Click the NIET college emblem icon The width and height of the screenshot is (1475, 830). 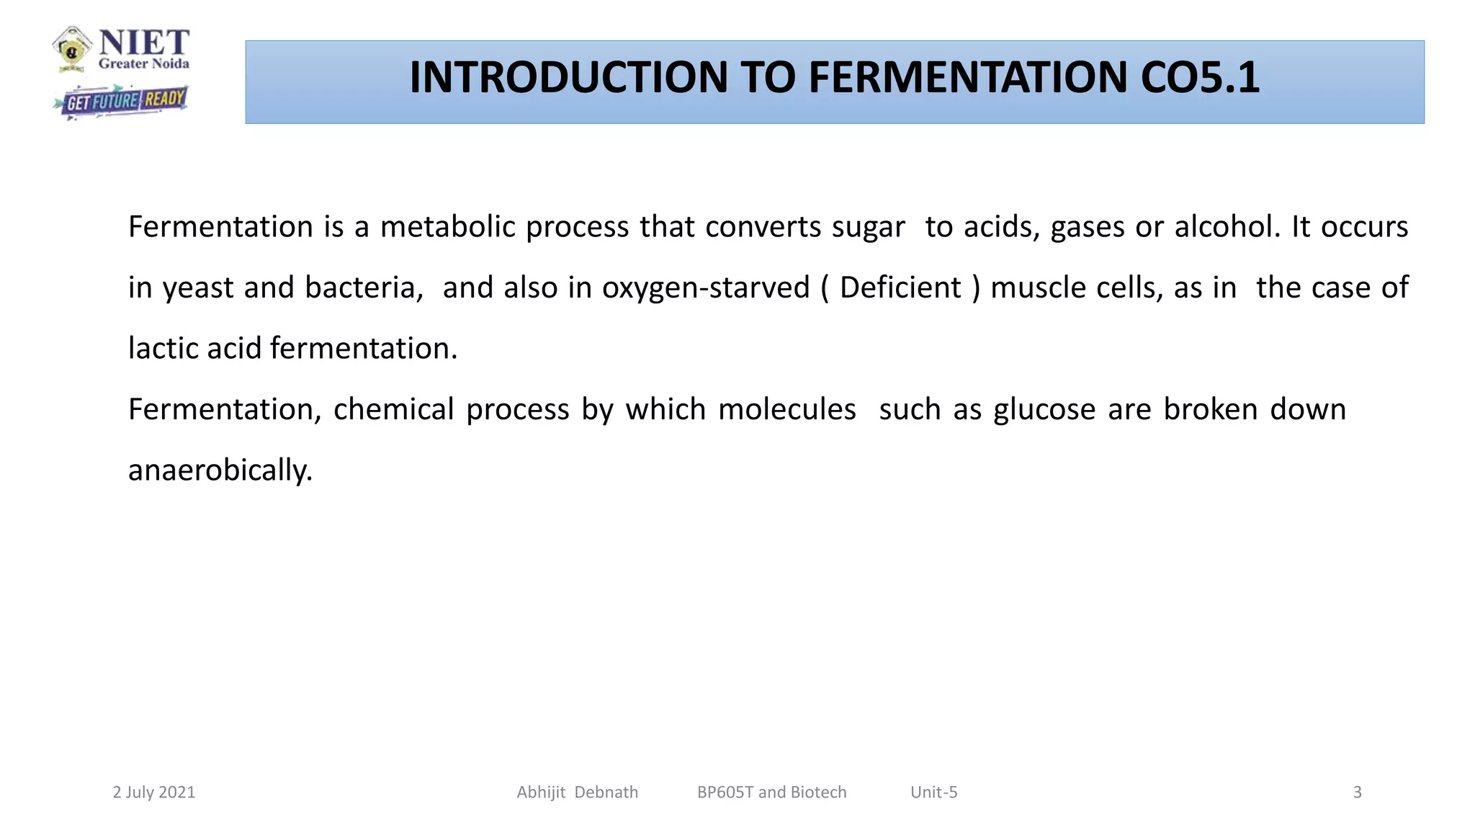[x=72, y=49]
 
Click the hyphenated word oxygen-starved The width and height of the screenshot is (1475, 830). [x=706, y=288]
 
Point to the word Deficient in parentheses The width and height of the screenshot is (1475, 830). [x=900, y=287]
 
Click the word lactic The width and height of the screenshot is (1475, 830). [x=163, y=349]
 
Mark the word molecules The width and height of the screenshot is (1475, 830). [x=786, y=409]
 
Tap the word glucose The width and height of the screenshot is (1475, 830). [x=1044, y=410]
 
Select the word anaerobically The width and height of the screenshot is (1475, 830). [x=220, y=470]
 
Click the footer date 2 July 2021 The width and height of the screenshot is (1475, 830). [x=154, y=793]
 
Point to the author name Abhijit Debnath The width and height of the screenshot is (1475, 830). [x=577, y=793]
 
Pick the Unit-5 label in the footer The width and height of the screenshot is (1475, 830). [x=933, y=793]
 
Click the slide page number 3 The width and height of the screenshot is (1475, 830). [x=1357, y=793]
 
